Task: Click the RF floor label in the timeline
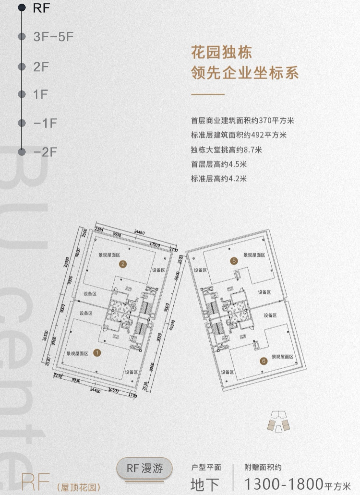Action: pos(41,8)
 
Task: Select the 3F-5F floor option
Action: pos(53,37)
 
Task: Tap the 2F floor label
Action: pos(41,67)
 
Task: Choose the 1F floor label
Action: pos(40,94)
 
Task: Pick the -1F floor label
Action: pos(45,123)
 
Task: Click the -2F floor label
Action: pos(45,152)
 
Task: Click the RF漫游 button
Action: pos(144,468)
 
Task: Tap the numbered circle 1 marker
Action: pos(97,353)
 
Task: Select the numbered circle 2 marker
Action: pos(123,264)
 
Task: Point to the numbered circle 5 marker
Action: pos(234,261)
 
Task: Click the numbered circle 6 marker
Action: pos(264,361)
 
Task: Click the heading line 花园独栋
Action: pos(221,53)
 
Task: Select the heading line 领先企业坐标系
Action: pos(245,73)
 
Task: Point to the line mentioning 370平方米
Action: pos(242,120)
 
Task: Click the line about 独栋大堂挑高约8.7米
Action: pos(226,150)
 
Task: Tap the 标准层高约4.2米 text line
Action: pos(219,179)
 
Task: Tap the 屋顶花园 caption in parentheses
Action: pos(79,488)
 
